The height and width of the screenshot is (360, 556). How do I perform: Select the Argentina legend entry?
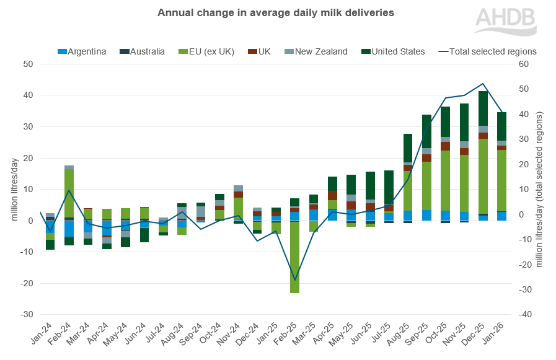coord(84,51)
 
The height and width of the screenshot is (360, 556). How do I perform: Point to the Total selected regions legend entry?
coord(487,51)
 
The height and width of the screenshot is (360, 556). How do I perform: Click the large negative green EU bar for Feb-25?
coord(295,257)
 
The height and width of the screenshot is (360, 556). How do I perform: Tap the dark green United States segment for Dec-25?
coord(483,108)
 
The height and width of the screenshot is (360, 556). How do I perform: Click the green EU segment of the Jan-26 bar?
coord(501,180)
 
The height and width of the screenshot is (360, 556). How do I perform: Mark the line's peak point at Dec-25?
coord(483,84)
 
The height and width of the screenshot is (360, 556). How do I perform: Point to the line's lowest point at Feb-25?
coord(295,280)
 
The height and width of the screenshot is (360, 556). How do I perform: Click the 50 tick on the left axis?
coord(29,64)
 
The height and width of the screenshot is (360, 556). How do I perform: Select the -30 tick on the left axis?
coord(27,315)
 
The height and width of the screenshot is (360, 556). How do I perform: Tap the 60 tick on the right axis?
coord(524,64)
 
